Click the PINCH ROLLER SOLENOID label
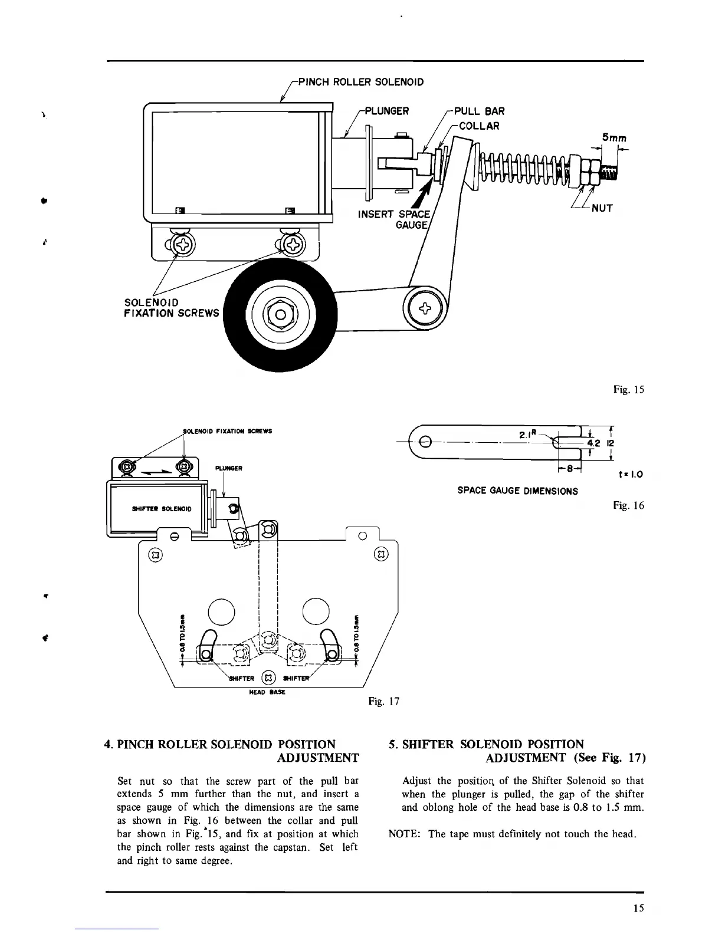click(361, 81)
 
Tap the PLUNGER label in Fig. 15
click(387, 111)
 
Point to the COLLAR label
click(479, 126)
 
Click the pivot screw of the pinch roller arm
click(425, 307)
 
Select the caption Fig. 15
click(629, 389)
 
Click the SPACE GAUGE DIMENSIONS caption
click(517, 491)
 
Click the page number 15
click(638, 909)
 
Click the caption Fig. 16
click(629, 505)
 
